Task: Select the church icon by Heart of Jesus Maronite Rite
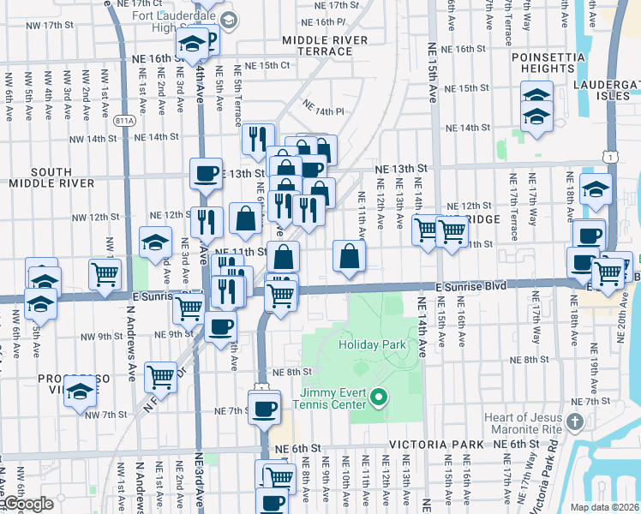tap(574, 421)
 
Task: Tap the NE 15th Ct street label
tap(268, 65)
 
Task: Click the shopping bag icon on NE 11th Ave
tap(350, 255)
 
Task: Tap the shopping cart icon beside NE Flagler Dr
tap(160, 374)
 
